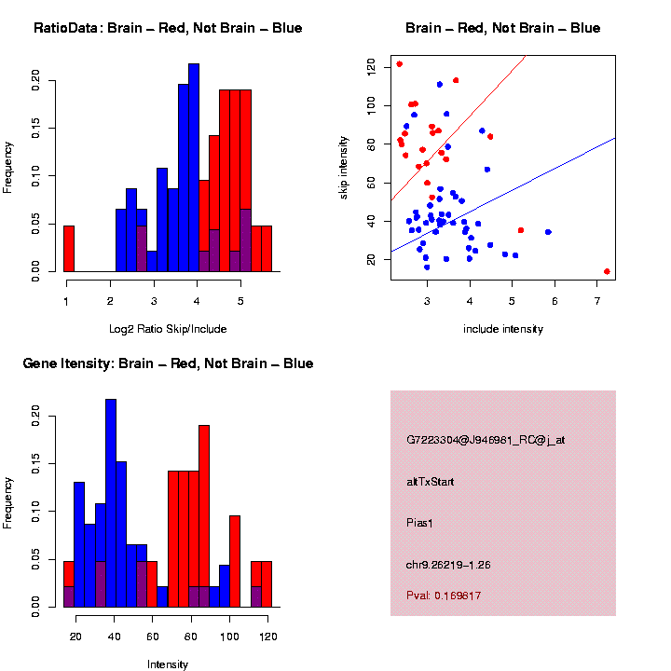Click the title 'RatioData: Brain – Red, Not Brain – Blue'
pyautogui.click(x=168, y=28)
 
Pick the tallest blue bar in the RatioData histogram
pyautogui.click(x=194, y=168)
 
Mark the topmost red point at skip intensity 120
pyautogui.click(x=399, y=64)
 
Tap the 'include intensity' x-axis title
pyautogui.click(x=503, y=329)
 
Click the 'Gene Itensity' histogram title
pyautogui.click(x=168, y=363)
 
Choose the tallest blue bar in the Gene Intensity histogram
pyautogui.click(x=111, y=503)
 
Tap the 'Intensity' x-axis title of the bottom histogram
pyautogui.click(x=168, y=664)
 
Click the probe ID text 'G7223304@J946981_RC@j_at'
pyautogui.click(x=486, y=440)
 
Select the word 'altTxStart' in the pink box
pyautogui.click(x=430, y=482)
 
